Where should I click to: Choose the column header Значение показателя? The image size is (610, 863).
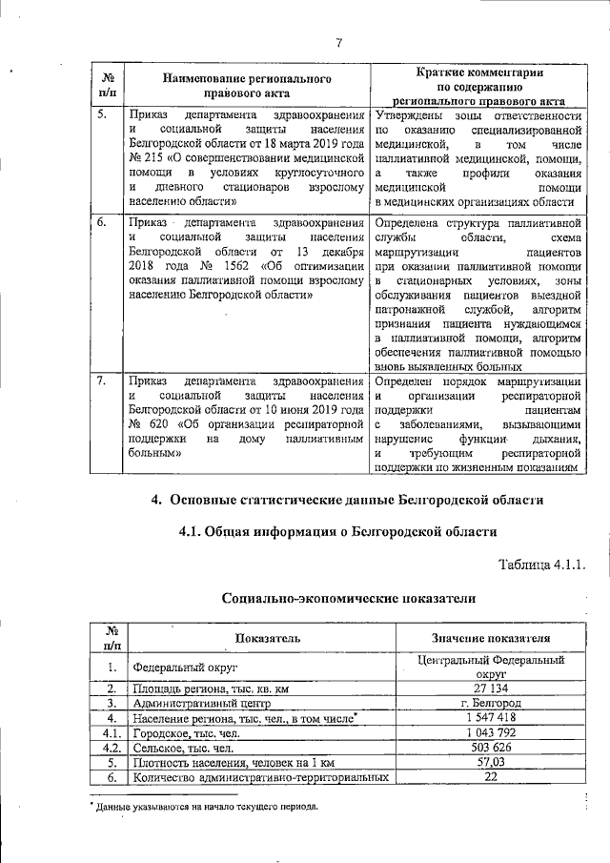(490, 638)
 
